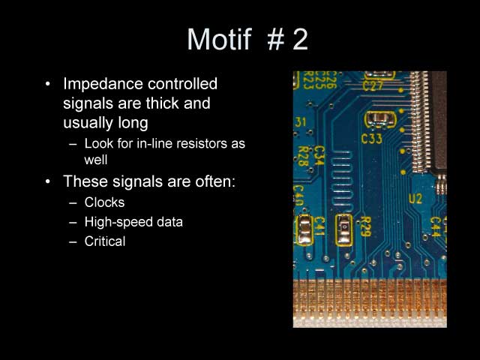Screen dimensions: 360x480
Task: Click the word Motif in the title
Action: (x=220, y=39)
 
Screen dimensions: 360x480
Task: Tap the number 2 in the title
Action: (x=300, y=39)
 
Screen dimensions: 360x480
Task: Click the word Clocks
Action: (x=105, y=202)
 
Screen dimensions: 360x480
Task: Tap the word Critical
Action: (x=105, y=241)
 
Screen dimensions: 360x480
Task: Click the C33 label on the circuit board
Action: (x=372, y=138)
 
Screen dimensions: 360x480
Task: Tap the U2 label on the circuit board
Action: (x=415, y=198)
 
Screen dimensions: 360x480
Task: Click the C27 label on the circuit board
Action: (x=373, y=85)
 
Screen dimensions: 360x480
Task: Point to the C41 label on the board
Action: (x=319, y=226)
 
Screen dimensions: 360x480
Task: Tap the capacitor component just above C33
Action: (x=378, y=118)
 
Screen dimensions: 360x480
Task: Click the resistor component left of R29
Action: (x=343, y=228)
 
